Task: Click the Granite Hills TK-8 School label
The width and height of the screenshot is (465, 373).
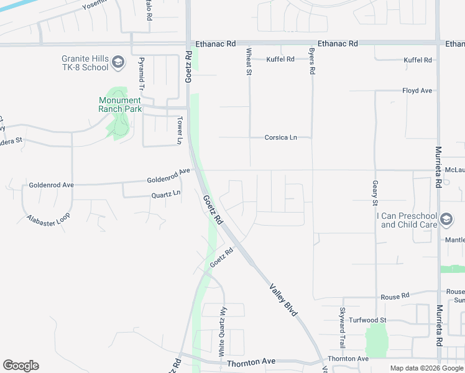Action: coord(85,63)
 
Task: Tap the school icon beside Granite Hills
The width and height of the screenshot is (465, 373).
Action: coord(119,62)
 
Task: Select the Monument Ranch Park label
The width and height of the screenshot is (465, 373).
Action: coord(120,104)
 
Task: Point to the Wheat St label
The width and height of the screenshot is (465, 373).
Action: coord(249,62)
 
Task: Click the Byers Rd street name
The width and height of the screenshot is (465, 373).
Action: coord(312,62)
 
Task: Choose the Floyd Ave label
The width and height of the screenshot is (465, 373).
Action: coord(417,91)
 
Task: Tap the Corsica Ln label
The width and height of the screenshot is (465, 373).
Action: coord(280,137)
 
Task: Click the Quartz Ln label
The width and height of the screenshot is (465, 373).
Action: coord(166,194)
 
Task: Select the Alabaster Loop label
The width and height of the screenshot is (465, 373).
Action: coord(48,218)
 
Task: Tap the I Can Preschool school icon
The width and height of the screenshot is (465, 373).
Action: coord(446,219)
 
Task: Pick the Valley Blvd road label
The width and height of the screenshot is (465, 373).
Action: coord(283,300)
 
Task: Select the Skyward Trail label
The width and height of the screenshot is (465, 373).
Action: coord(342,327)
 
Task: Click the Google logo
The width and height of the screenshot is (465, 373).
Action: coord(21,366)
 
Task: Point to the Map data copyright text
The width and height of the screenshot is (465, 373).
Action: coord(427,368)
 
